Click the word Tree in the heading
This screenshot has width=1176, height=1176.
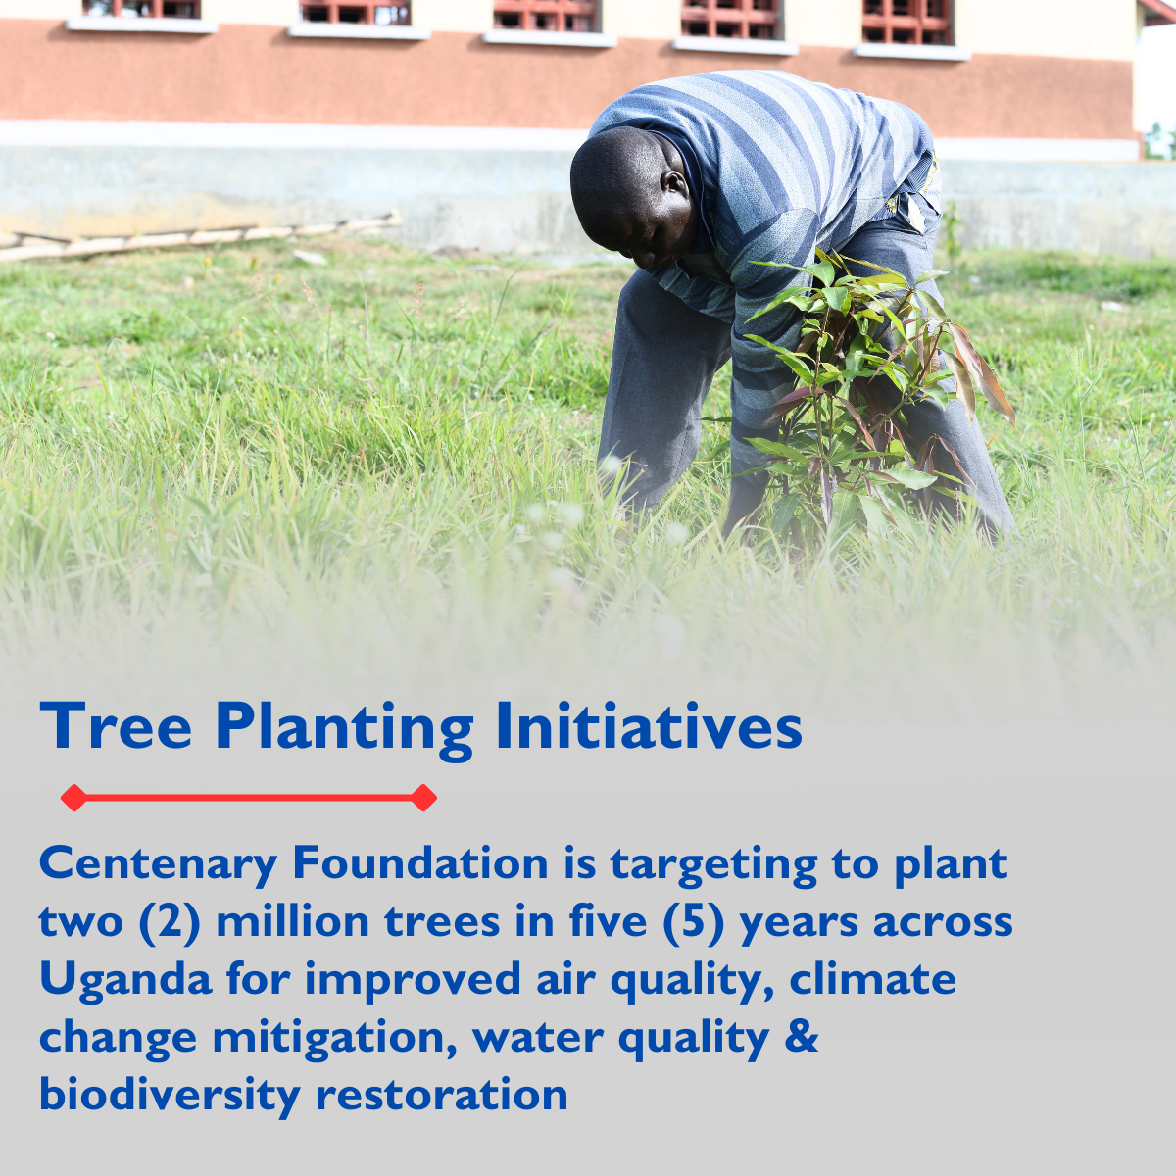[x=116, y=727]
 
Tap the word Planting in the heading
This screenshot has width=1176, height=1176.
[x=344, y=729]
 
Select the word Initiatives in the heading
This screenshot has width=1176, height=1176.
[x=649, y=727]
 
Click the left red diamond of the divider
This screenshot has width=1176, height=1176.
[x=73, y=798]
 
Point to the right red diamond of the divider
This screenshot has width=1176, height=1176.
[x=423, y=798]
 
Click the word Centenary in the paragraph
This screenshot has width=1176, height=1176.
[x=158, y=864]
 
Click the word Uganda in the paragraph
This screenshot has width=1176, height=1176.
[x=125, y=980]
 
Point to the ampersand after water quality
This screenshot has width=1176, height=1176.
[x=802, y=1037]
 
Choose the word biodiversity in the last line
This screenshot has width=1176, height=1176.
[x=169, y=1096]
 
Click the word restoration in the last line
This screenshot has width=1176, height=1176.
[x=442, y=1095]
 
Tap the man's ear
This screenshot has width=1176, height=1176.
[x=674, y=183]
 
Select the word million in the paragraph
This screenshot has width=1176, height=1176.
[x=293, y=922]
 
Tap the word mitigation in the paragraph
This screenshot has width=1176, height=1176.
[x=334, y=1038]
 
